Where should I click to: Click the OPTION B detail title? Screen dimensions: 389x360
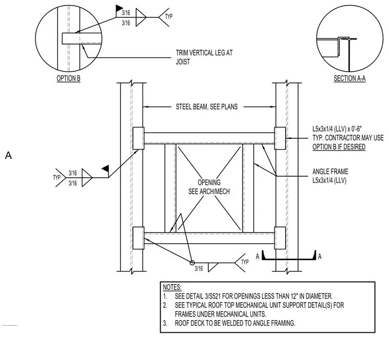(69, 78)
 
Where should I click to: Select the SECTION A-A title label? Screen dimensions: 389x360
(350, 78)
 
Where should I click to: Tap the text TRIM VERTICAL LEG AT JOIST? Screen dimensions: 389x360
(204, 57)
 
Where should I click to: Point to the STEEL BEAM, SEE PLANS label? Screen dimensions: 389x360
(207, 107)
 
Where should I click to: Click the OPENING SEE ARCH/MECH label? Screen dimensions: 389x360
(209, 187)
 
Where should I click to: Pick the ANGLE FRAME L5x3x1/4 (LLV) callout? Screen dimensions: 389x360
(330, 176)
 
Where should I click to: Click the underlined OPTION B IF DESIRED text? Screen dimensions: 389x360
(339, 147)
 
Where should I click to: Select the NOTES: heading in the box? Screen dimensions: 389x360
(172, 287)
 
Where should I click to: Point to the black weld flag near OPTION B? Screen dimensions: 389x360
(119, 8)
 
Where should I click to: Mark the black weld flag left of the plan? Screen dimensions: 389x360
(105, 168)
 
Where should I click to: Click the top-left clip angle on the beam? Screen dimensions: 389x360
(138, 138)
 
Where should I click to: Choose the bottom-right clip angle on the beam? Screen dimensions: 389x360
(280, 238)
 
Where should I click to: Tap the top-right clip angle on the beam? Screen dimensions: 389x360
(280, 138)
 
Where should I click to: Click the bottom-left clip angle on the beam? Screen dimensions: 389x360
(138, 238)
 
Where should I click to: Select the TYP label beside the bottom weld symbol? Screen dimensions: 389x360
(245, 262)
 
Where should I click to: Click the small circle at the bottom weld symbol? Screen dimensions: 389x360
(192, 263)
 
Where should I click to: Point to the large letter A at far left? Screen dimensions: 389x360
(8, 156)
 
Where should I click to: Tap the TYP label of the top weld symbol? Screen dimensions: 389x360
(169, 16)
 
